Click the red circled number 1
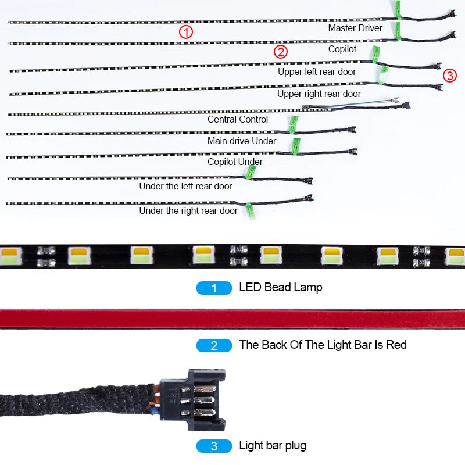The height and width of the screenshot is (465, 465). tap(186, 32)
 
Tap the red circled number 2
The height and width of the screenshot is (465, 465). tap(281, 52)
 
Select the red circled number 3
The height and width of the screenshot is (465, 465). tap(450, 76)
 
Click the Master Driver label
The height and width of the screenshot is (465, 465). tap(355, 28)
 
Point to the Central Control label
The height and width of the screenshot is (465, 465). tap(238, 119)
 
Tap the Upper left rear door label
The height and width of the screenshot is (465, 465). tap(317, 71)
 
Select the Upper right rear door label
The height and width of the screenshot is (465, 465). tap(319, 94)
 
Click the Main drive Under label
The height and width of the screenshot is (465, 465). tap(242, 141)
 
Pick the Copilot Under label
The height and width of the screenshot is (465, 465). tap(235, 162)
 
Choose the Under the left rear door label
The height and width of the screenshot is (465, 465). tap(185, 186)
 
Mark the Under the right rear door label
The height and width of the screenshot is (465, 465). tap(188, 210)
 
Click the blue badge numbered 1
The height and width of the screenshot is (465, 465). tap(214, 288)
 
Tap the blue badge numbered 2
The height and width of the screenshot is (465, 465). tap(214, 345)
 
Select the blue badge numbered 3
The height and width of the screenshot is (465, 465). tap(214, 446)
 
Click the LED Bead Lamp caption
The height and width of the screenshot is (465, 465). tap(281, 287)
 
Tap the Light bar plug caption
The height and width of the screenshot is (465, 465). tap(273, 445)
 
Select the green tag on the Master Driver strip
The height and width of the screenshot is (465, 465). tap(398, 10)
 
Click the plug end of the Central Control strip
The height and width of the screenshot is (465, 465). tap(406, 105)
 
